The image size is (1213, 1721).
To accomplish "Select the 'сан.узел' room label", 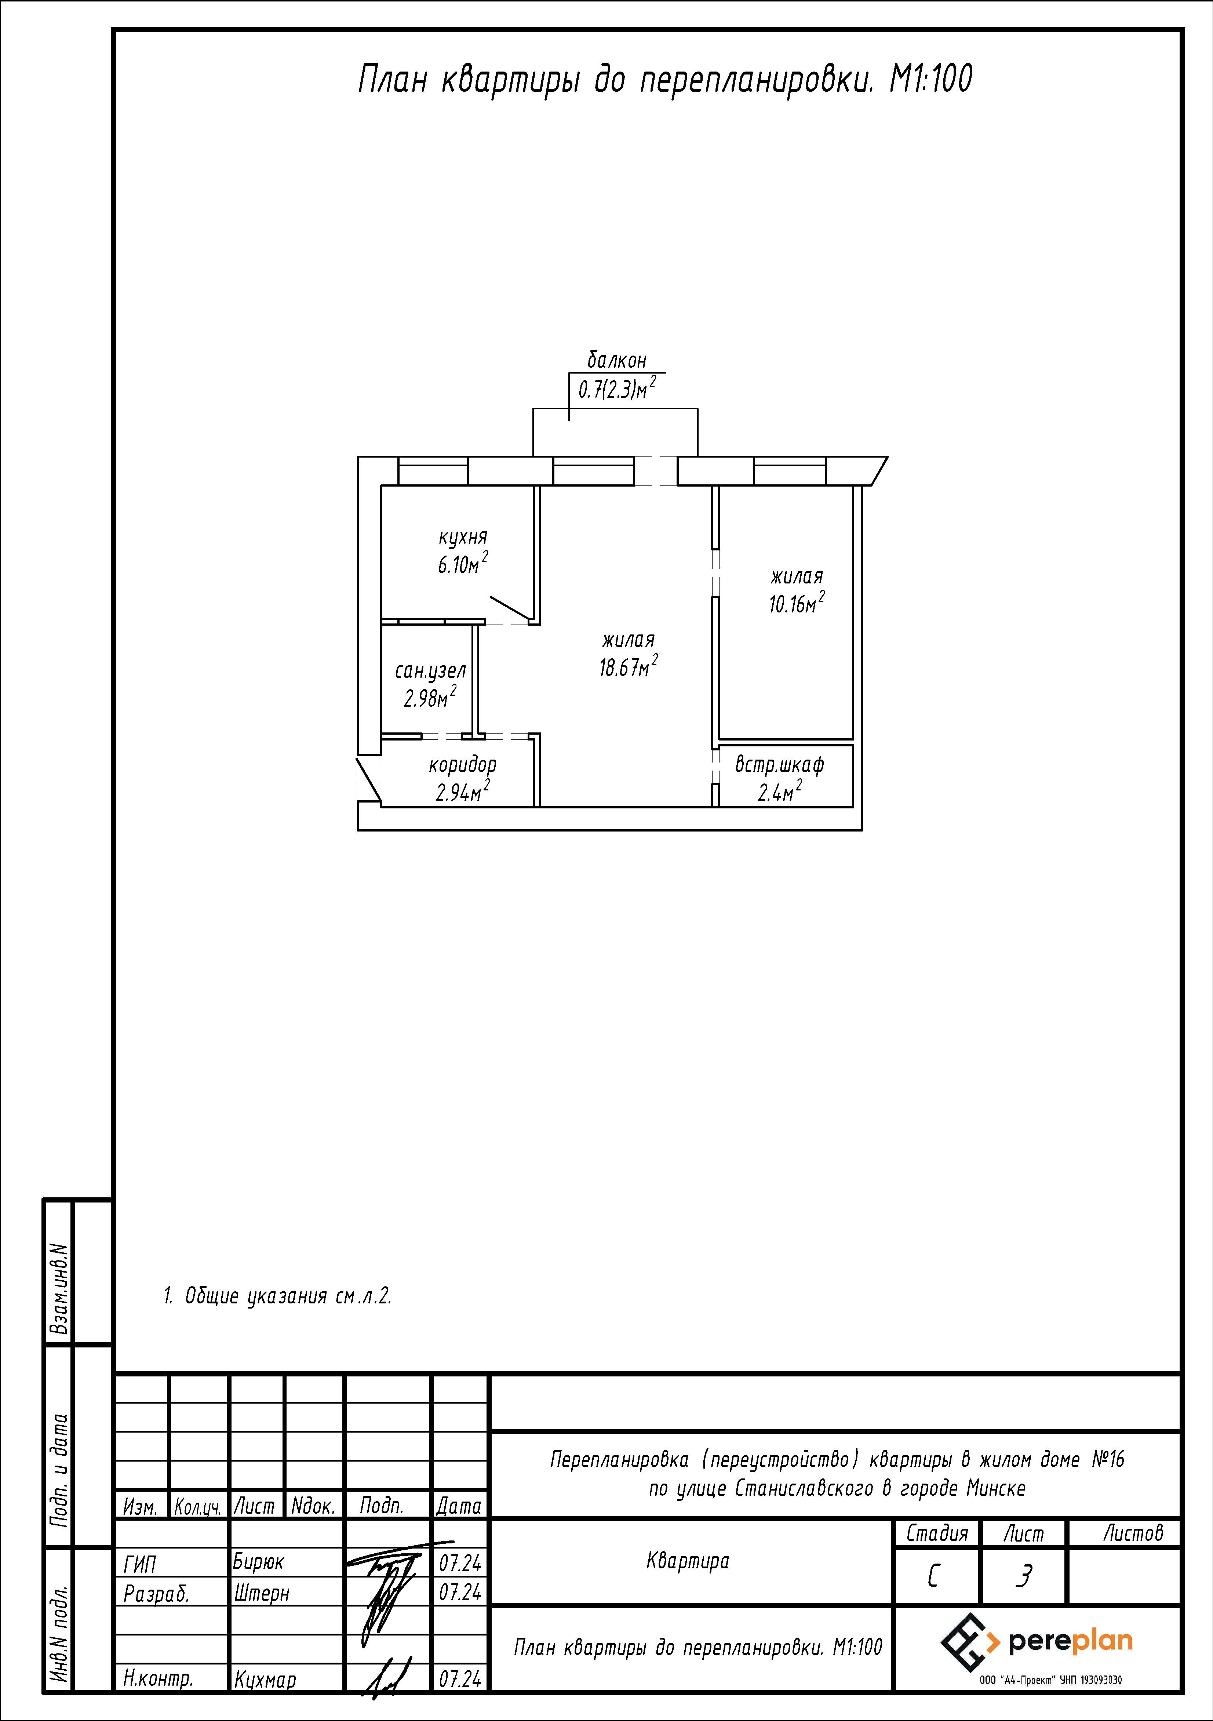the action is click(430, 671).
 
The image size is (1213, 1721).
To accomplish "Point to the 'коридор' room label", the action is click(463, 765).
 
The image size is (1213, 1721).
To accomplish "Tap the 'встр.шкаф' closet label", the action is click(780, 765).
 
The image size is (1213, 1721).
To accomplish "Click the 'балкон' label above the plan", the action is click(617, 361).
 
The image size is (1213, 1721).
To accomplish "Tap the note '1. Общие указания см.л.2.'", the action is click(277, 1296).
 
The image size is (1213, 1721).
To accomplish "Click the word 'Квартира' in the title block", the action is click(688, 1561).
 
